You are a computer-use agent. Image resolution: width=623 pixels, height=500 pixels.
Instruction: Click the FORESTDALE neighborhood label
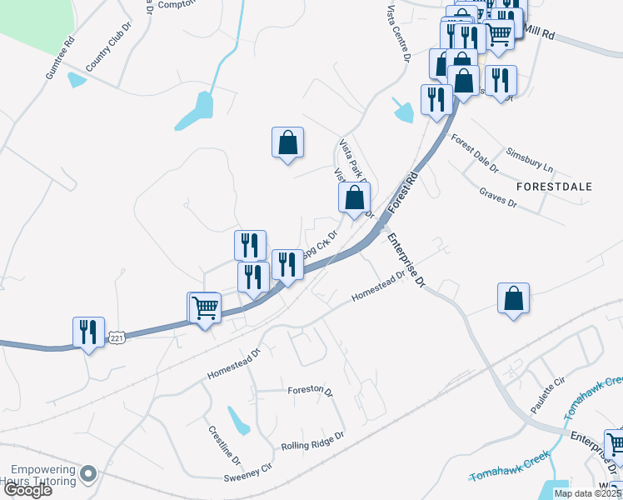[x=554, y=187]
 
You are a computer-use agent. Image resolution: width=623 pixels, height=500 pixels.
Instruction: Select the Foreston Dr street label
[x=310, y=390]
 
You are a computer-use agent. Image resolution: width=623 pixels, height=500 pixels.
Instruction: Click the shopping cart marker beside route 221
[x=205, y=307]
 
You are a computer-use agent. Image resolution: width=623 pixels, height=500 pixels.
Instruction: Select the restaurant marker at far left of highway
[x=88, y=332]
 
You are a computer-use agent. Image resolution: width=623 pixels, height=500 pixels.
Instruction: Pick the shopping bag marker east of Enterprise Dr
[x=514, y=298]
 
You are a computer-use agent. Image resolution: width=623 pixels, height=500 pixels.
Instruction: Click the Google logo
[x=27, y=490]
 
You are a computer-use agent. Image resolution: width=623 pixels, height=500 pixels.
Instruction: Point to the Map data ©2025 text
[x=587, y=493]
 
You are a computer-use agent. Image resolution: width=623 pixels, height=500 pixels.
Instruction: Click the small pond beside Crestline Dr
[x=239, y=421]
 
